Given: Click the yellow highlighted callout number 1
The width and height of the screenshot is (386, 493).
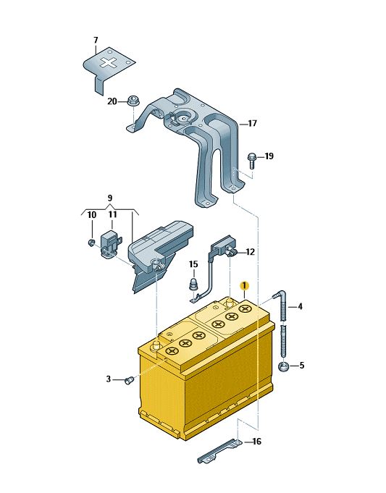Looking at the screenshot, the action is pos(244,285).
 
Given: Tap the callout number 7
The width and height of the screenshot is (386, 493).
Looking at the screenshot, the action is pos(96,41).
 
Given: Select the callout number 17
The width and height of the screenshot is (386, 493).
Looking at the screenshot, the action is pos(252,123).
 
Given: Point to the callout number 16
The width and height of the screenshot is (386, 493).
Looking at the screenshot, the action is pos(256,442).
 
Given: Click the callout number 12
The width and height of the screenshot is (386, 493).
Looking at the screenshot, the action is pos(250,252).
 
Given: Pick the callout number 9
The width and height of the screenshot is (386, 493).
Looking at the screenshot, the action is pos(110,198).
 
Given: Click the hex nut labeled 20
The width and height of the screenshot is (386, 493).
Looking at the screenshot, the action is pos(133,101).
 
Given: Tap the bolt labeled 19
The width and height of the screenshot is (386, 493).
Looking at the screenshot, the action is pos(251,160).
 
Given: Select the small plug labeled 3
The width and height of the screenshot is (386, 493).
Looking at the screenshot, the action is pos(129,381).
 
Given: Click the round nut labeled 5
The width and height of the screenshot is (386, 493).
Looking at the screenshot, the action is pos(284,366).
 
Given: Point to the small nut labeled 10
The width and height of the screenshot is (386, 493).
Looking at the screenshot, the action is pos(91,242).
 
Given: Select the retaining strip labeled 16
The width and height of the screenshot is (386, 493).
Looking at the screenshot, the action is pos(220,450).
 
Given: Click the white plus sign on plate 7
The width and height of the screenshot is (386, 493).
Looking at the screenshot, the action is pos(109,62).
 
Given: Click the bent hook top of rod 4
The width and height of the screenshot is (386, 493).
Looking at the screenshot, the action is pos(280,295).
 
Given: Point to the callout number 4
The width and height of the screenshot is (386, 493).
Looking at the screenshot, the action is pos(300,306).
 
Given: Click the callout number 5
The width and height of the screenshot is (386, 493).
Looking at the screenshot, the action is pos(302,366).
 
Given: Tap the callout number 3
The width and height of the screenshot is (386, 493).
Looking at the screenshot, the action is pos(109,379).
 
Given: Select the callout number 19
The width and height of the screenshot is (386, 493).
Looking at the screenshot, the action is pos(269,156).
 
